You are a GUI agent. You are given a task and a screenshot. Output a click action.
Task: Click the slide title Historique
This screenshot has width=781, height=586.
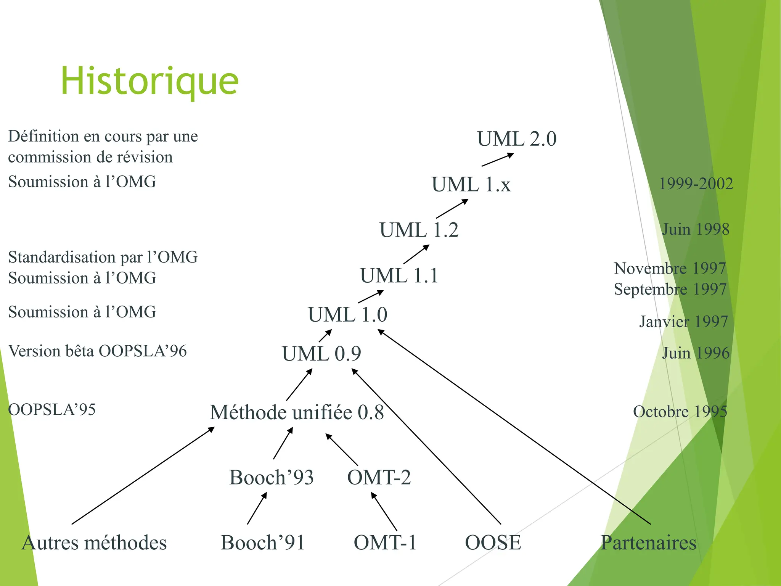[x=149, y=81]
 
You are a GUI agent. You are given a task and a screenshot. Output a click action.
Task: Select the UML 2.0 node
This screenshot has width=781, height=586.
[x=517, y=139]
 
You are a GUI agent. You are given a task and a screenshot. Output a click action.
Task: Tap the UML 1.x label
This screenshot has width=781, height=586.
[x=471, y=185]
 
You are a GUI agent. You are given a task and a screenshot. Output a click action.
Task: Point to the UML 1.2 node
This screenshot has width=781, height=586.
[x=419, y=230]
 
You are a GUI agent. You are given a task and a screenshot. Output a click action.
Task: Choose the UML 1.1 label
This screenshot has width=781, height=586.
[x=399, y=276]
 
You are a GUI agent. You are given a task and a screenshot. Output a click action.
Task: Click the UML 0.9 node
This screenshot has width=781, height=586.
[x=321, y=354]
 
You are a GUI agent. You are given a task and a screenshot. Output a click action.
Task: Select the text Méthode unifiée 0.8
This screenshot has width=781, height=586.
[x=297, y=412]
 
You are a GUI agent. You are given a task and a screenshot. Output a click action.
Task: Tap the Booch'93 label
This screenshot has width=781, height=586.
[x=271, y=477]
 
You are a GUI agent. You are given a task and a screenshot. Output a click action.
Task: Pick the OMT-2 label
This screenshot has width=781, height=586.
[x=379, y=477]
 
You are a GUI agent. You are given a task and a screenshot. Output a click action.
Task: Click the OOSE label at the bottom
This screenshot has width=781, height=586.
[x=493, y=543]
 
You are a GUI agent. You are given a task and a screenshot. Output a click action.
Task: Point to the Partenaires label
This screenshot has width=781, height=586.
[x=648, y=543]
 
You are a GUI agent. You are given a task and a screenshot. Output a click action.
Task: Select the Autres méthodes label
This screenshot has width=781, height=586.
[x=94, y=543]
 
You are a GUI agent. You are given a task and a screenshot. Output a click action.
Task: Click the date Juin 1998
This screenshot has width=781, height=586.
[x=696, y=229]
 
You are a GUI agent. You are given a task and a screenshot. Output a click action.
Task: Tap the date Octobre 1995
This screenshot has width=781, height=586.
[x=680, y=411]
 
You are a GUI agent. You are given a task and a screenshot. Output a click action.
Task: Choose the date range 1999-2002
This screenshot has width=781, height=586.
[x=696, y=184]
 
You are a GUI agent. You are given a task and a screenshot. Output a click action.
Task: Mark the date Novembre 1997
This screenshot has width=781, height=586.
[x=670, y=268]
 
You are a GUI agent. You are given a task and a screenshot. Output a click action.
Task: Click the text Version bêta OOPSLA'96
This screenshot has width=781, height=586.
[x=97, y=351]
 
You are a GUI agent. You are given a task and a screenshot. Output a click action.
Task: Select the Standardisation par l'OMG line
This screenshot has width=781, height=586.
[x=103, y=257]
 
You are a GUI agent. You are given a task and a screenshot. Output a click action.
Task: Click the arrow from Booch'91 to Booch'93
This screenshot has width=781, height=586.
[x=257, y=508]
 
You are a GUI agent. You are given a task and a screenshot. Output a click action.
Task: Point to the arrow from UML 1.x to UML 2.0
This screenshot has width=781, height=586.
[x=498, y=160]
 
